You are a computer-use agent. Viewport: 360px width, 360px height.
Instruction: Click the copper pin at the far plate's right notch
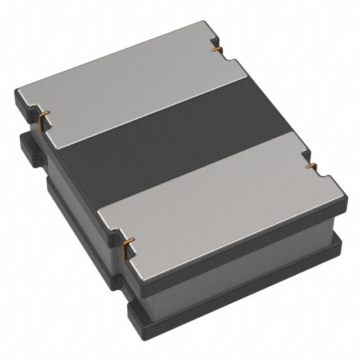(x=215, y=50)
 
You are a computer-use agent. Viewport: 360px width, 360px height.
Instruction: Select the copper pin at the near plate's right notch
(x=310, y=166)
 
